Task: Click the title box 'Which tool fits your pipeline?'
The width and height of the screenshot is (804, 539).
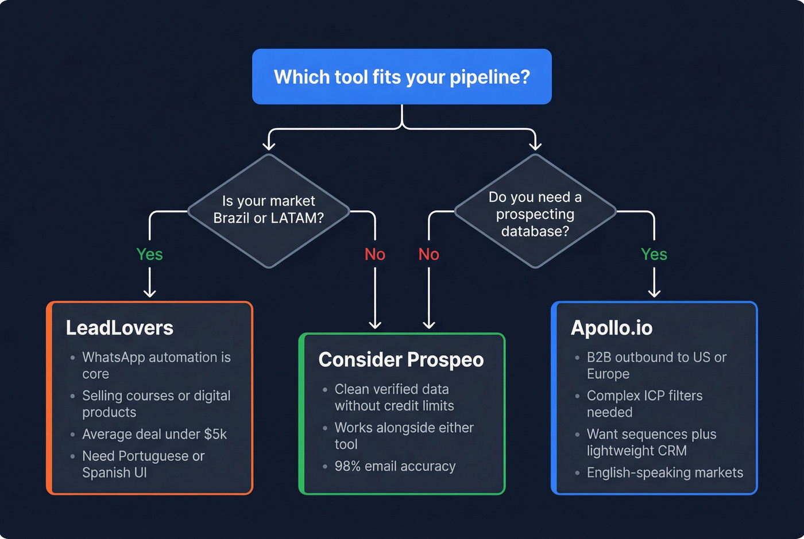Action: tap(402, 77)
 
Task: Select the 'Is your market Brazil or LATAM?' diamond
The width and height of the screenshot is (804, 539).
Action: tap(268, 210)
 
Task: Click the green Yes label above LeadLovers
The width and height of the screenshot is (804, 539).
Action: tap(149, 254)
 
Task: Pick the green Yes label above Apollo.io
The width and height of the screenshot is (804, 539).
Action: tap(654, 254)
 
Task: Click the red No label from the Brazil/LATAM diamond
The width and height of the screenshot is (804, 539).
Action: tap(375, 254)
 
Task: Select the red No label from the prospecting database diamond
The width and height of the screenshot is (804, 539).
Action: tap(428, 254)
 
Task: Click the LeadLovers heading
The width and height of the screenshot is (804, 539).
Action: tap(119, 328)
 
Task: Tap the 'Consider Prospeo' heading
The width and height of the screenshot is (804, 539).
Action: tap(401, 360)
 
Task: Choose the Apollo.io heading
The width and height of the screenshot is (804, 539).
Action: tap(612, 328)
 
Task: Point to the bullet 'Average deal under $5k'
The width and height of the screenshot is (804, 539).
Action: tap(154, 435)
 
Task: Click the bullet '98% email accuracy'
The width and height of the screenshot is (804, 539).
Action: tap(395, 467)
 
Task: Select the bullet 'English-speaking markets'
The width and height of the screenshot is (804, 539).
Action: tap(664, 473)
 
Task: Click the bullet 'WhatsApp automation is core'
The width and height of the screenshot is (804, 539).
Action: tap(156, 366)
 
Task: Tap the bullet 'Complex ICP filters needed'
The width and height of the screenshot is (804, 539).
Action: tap(644, 404)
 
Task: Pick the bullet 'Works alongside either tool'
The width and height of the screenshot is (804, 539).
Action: tap(404, 436)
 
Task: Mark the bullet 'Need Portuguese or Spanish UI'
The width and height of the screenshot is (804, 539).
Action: tap(143, 464)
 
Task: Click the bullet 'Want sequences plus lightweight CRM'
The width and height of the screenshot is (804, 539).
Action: tap(651, 443)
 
